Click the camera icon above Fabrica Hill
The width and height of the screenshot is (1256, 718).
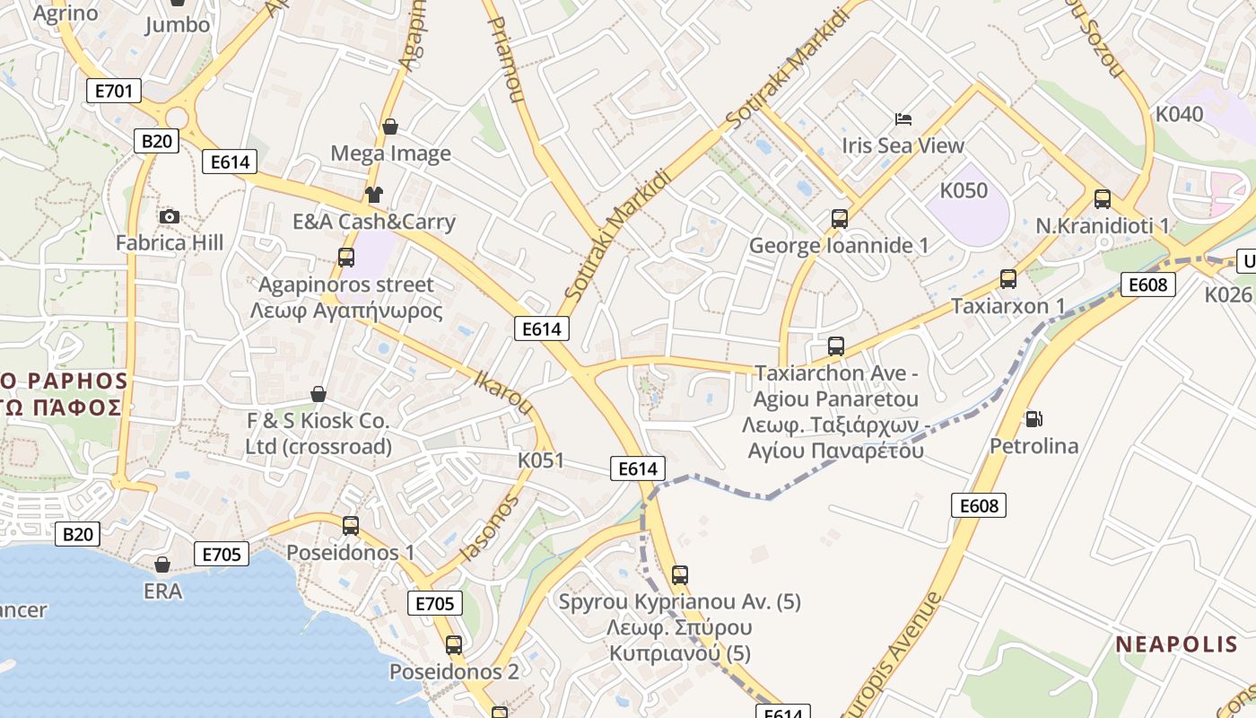point(169,216)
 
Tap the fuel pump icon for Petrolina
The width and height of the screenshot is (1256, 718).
point(1034,418)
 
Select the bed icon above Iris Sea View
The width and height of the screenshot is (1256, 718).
point(903,119)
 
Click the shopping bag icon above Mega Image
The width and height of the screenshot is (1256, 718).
point(389,127)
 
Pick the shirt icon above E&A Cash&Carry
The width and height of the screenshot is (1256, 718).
point(374,195)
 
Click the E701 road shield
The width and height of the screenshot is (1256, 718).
point(114,90)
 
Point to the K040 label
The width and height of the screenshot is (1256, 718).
point(1179,114)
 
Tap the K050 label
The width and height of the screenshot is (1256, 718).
point(964,190)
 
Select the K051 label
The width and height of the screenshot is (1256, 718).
point(541,460)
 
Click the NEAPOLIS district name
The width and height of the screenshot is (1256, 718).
point(1177,644)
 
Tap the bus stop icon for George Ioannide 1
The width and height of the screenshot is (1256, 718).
point(839,218)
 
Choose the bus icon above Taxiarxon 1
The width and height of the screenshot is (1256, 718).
point(1008,279)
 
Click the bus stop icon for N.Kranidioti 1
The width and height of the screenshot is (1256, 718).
point(1103,199)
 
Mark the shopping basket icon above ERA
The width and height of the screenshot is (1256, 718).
point(162,565)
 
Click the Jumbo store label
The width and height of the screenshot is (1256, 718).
point(178,24)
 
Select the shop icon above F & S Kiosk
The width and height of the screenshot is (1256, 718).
point(318,394)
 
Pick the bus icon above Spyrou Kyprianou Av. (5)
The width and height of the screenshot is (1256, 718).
point(680,574)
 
